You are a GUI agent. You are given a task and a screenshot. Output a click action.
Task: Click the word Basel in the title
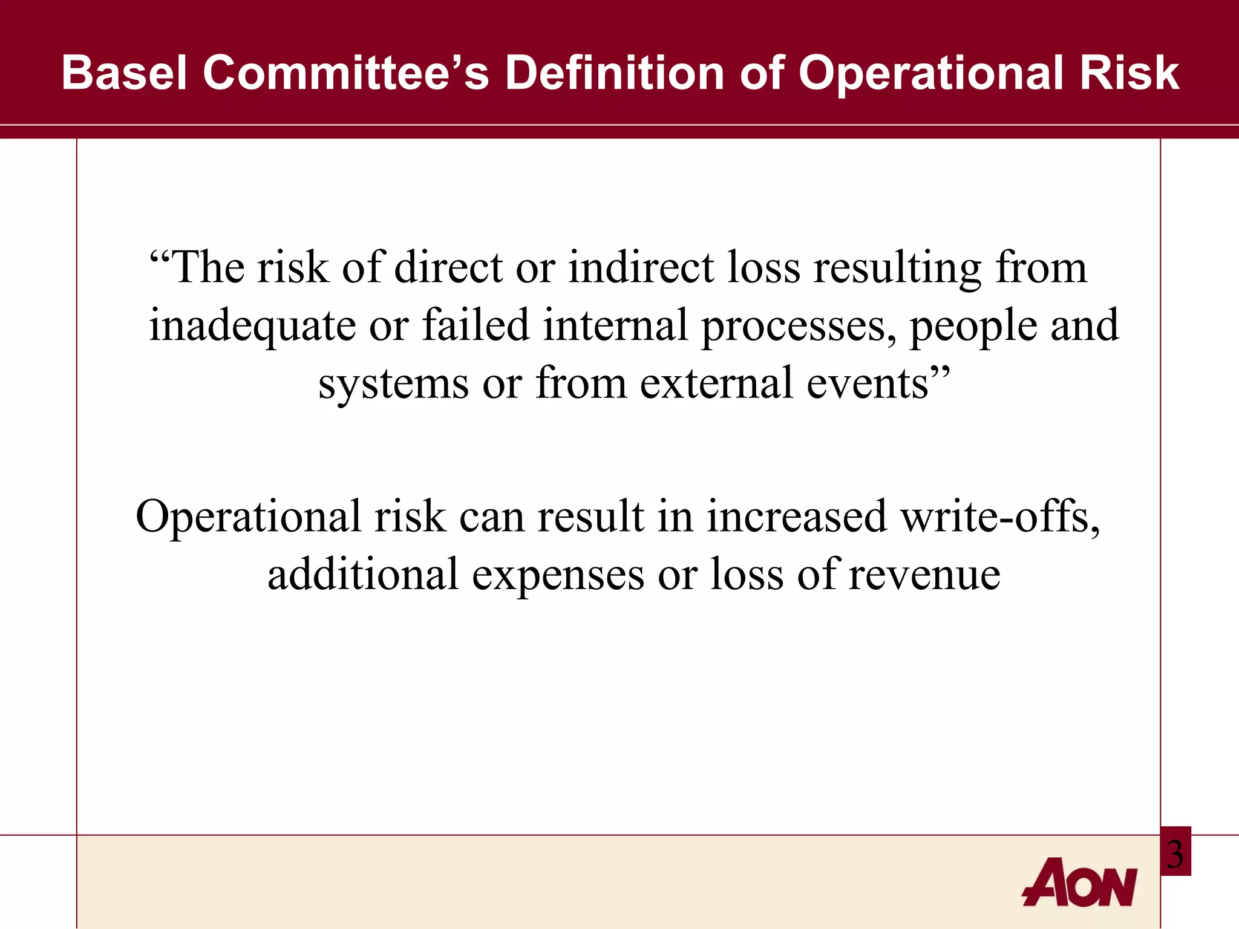124,73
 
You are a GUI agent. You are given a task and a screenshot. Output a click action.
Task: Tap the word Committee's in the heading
345,73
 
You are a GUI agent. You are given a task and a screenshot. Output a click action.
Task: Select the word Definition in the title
615,73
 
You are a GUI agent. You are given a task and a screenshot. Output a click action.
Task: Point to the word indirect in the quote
641,267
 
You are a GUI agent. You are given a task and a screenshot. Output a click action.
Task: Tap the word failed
476,325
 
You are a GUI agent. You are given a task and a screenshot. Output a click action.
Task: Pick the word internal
615,325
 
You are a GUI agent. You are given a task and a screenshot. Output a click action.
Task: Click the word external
716,383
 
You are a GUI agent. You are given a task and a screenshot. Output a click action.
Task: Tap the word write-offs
1001,517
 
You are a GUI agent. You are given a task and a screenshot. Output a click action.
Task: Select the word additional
363,574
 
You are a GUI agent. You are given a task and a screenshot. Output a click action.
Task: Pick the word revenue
924,575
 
